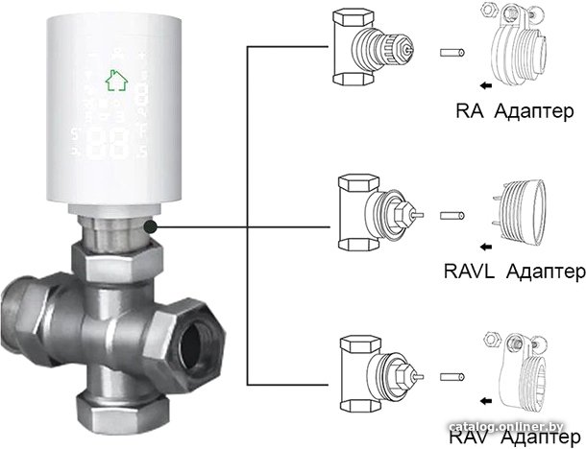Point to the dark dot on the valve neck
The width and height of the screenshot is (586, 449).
click(151, 226)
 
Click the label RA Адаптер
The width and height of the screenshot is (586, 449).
click(514, 112)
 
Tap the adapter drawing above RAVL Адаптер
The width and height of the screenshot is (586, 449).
click(518, 210)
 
